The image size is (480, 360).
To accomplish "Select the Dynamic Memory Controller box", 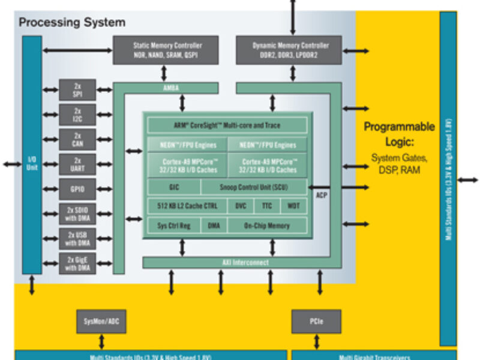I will tap(289, 50).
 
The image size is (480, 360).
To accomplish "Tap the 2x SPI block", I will tap(77, 90).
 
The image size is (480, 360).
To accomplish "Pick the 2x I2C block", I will tap(77, 115).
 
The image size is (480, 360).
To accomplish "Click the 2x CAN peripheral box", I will tap(77, 139).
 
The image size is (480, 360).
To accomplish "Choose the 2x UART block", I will tap(77, 164).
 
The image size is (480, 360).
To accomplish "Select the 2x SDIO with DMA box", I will tap(77, 214).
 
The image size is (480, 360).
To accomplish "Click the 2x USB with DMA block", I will tap(77, 239).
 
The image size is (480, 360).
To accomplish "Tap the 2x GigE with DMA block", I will tap(77, 264).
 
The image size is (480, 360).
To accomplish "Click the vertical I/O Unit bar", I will tap(32, 154).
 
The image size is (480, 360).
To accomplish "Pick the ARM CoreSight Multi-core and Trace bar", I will tap(227, 125).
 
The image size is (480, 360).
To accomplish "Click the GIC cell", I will tap(174, 187).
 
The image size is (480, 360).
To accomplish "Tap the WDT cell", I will tap(293, 206).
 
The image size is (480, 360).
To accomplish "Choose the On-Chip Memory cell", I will tap(266, 226).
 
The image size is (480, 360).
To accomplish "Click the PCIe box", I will tap(316, 322).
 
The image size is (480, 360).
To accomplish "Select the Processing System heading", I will tap(72, 23).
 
